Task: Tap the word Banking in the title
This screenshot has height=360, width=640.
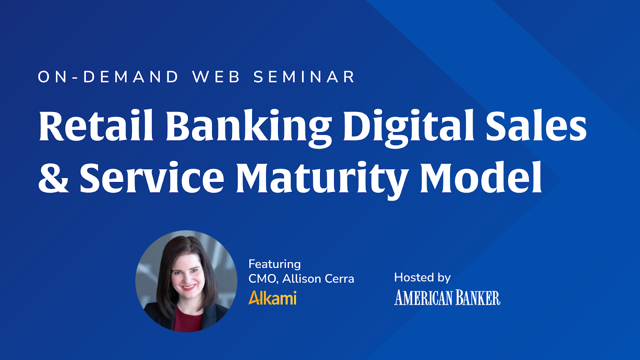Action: click(x=248, y=128)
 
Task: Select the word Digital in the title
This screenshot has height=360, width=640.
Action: click(x=408, y=128)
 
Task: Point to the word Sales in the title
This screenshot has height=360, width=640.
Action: click(x=536, y=125)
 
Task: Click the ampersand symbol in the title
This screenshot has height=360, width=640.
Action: click(x=54, y=178)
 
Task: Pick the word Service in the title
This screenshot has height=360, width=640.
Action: click(x=152, y=177)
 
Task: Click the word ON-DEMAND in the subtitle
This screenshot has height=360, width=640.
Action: click(x=108, y=77)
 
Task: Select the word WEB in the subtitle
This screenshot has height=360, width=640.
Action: click(x=216, y=77)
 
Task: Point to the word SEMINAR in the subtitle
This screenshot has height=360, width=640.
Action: click(x=304, y=77)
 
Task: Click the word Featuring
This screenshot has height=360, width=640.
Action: click(x=274, y=264)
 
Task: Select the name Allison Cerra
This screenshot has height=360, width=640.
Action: click(x=318, y=278)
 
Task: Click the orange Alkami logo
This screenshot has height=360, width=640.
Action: click(x=272, y=298)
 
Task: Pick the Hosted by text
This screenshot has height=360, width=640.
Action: click(x=422, y=278)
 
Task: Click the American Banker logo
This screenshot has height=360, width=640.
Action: click(x=447, y=298)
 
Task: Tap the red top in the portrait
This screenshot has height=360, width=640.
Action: click(x=188, y=320)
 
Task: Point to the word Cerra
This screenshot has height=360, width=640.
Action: click(x=339, y=278)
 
